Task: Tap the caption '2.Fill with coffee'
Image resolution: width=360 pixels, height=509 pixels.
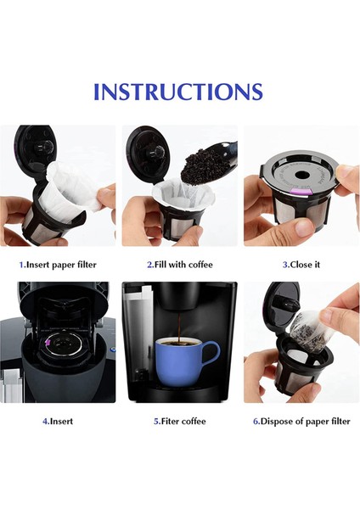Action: coord(179,265)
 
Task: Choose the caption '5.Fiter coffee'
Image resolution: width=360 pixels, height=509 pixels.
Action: coord(179,421)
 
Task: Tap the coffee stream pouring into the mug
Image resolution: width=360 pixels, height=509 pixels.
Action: coord(178,327)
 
